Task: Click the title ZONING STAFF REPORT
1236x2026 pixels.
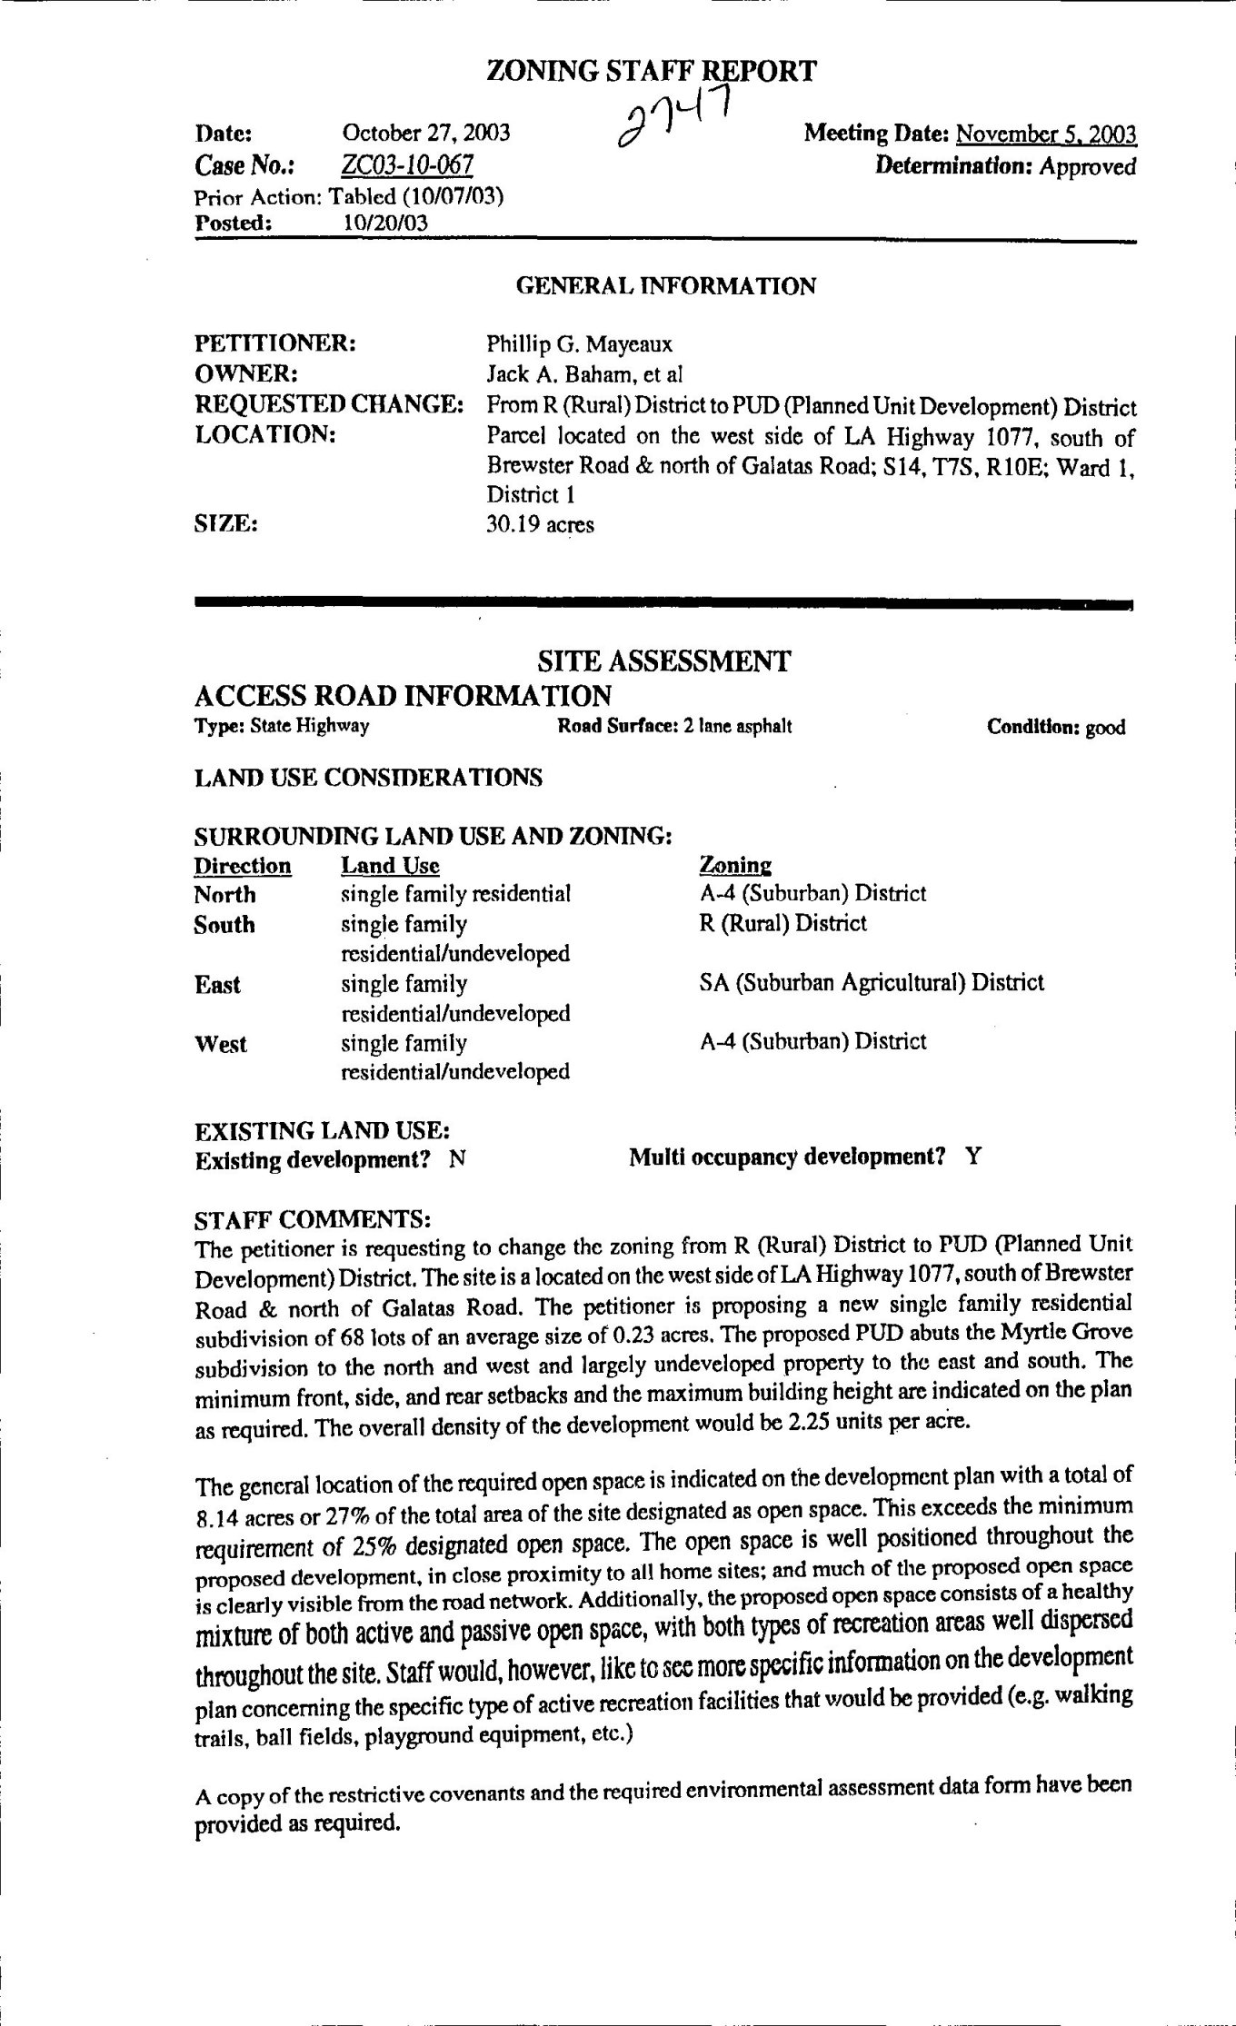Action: [652, 71]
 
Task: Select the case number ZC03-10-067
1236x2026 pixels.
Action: [407, 165]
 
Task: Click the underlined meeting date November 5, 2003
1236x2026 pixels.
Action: [1046, 135]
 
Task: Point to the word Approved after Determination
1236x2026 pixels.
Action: [1088, 166]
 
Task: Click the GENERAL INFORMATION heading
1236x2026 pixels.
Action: [665, 287]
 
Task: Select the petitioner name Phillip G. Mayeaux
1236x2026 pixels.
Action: [579, 344]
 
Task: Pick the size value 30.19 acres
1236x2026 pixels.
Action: [540, 524]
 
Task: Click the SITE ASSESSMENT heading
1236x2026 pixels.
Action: [664, 660]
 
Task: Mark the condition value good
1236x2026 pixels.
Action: [1105, 728]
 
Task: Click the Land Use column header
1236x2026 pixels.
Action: [390, 866]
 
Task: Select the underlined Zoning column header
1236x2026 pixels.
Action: [735, 865]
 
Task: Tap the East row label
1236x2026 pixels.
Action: [217, 985]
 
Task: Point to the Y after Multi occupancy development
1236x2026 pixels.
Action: [973, 1157]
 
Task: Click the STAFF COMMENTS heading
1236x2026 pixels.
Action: [313, 1217]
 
